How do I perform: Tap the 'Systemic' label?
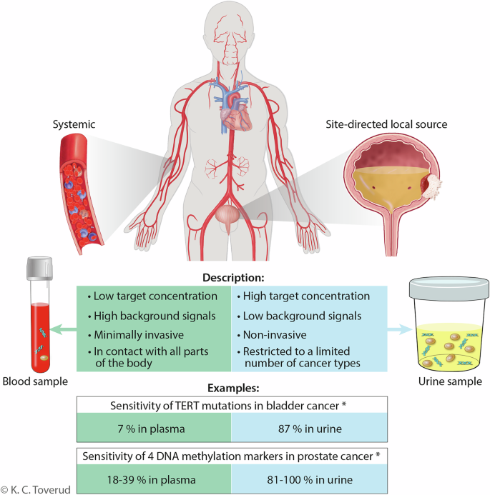click(x=74, y=124)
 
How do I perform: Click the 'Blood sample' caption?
click(x=34, y=381)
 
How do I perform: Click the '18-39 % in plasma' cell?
click(x=154, y=478)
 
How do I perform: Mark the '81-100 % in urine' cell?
click(x=309, y=478)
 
